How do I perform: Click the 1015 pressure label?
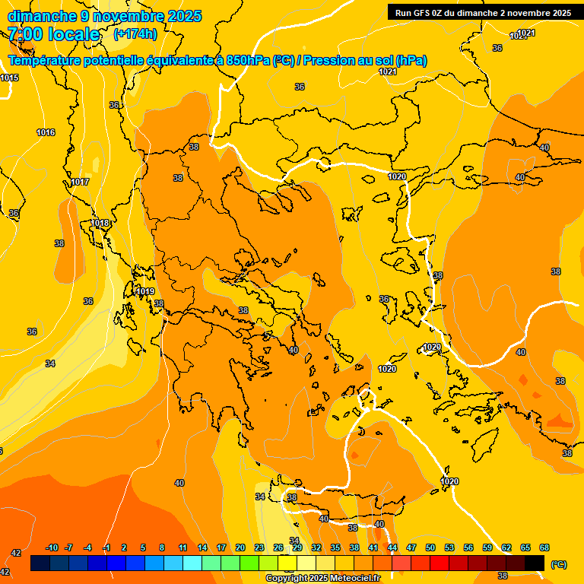(9, 78)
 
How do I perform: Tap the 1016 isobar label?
(46, 133)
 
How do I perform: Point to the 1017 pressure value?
(80, 182)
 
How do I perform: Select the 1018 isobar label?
(100, 223)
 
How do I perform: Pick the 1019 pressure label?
(145, 292)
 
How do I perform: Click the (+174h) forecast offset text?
(135, 33)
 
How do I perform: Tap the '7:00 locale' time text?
(53, 34)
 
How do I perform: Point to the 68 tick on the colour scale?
(544, 547)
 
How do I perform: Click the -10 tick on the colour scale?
(52, 547)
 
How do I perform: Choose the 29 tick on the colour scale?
(297, 547)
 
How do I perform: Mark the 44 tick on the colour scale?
(392, 547)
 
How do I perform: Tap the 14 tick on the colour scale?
(202, 547)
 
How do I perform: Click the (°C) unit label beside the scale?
(559, 563)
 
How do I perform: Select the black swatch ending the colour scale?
(535, 563)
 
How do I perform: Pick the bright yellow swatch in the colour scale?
(287, 563)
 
